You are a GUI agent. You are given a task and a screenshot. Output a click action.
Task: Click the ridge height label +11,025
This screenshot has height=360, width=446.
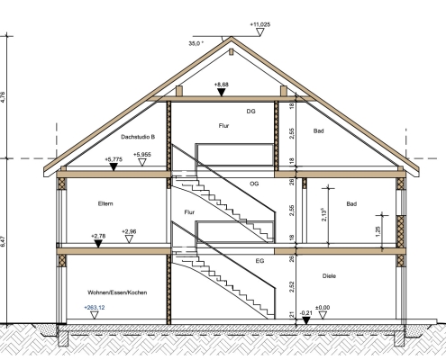click(x=260, y=24)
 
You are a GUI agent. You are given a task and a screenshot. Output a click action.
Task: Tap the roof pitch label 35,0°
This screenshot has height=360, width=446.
click(x=196, y=43)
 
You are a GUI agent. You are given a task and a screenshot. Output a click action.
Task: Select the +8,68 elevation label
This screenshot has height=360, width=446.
click(x=222, y=85)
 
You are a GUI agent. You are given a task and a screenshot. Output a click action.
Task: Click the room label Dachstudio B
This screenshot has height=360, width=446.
click(x=138, y=137)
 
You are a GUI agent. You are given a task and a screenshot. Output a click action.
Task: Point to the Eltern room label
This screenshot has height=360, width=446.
click(x=105, y=203)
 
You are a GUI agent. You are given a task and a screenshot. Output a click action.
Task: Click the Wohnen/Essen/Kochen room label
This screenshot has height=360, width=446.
click(x=117, y=292)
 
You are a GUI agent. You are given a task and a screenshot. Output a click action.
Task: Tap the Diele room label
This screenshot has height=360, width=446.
click(x=329, y=276)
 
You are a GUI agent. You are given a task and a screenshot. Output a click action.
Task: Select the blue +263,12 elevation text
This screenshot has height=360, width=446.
click(x=95, y=308)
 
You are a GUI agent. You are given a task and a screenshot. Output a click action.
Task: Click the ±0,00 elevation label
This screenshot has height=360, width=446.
click(x=323, y=308)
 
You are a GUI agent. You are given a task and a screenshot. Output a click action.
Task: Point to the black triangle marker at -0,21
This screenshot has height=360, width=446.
click(x=305, y=320)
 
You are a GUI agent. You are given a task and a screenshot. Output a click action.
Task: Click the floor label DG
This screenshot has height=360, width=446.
click(x=251, y=112)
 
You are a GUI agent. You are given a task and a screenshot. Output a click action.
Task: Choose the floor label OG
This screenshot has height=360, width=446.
click(x=254, y=184)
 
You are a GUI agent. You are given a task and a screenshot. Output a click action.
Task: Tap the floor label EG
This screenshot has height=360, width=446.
click(x=259, y=261)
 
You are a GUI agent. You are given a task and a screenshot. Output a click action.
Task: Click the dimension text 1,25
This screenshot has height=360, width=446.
click(x=378, y=231)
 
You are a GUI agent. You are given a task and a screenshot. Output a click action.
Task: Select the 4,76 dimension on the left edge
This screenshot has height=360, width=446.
click(x=3, y=97)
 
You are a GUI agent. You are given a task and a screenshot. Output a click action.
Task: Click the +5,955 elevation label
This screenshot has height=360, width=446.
click(x=142, y=155)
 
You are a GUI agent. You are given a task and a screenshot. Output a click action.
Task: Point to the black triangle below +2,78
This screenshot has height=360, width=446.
click(x=98, y=244)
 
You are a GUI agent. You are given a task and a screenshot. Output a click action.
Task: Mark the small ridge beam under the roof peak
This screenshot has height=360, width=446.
click(x=231, y=52)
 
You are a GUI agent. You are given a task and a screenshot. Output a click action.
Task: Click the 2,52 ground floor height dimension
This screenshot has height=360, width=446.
click(x=291, y=287)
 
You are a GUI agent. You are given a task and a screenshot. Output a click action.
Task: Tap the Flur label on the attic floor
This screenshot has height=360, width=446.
click(x=223, y=126)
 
